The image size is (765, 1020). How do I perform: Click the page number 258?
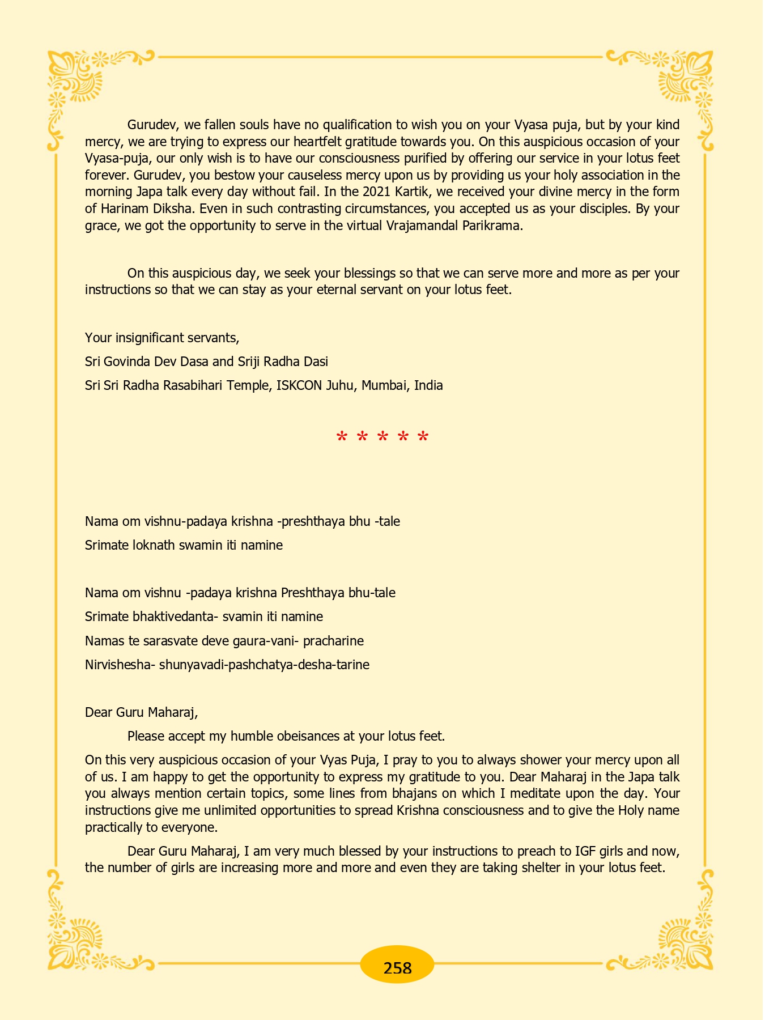[397, 968]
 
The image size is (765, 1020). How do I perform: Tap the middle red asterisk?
[382, 437]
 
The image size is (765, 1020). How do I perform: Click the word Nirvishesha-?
[120, 665]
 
